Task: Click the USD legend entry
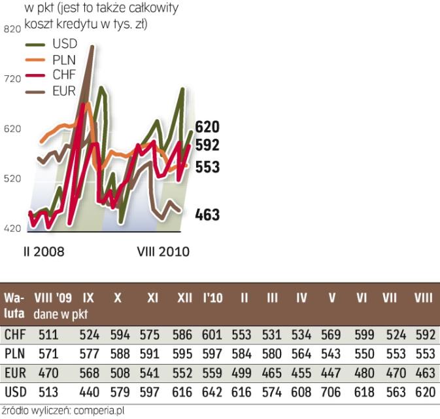click(x=64, y=44)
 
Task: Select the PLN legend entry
click(x=64, y=60)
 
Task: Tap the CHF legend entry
click(x=64, y=75)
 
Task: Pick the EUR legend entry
click(x=64, y=90)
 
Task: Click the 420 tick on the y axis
click(x=14, y=228)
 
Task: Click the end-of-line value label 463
click(x=207, y=215)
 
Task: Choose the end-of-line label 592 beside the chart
click(x=207, y=145)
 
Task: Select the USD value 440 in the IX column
click(x=90, y=392)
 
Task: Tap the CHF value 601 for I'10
click(x=212, y=335)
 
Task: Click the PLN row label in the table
click(x=14, y=354)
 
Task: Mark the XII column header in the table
click(x=184, y=298)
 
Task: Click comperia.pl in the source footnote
click(x=101, y=411)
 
